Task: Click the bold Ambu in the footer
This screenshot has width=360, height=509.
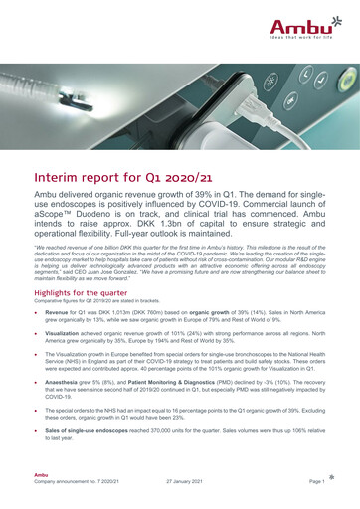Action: pos(41,475)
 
